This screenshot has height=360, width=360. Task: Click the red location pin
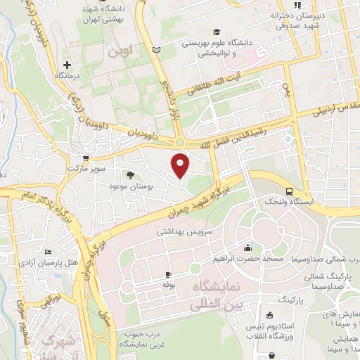point(181,165)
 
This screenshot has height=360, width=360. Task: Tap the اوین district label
point(119,52)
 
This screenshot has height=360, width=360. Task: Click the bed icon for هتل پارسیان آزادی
point(48,252)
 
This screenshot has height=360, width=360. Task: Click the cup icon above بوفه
point(168,274)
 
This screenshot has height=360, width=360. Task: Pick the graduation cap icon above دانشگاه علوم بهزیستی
point(217,32)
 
